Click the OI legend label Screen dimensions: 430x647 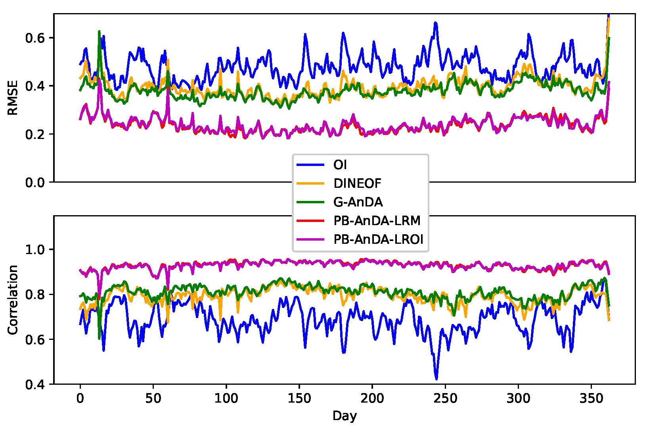point(340,164)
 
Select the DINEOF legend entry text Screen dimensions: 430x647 point(357,183)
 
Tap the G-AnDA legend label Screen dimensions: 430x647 point(358,202)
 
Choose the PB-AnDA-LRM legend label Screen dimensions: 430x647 point(377,220)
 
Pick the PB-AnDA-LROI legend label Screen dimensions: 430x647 point(378,239)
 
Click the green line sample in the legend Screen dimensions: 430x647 point(311,202)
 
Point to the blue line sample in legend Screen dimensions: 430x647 point(311,164)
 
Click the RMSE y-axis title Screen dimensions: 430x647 point(13,98)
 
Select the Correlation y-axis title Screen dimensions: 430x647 point(13,300)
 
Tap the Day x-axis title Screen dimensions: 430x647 point(345,416)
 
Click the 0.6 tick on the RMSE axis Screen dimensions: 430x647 point(34,38)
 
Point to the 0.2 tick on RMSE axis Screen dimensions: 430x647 point(34,134)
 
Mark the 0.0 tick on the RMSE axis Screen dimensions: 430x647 point(34,183)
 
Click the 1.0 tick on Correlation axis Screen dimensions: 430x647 point(34,250)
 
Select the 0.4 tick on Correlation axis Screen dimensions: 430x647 point(34,384)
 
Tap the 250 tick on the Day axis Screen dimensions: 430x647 point(445,398)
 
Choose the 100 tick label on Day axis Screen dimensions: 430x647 point(226,398)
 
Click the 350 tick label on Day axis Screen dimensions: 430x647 point(591,398)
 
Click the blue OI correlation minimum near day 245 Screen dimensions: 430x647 point(436,379)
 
